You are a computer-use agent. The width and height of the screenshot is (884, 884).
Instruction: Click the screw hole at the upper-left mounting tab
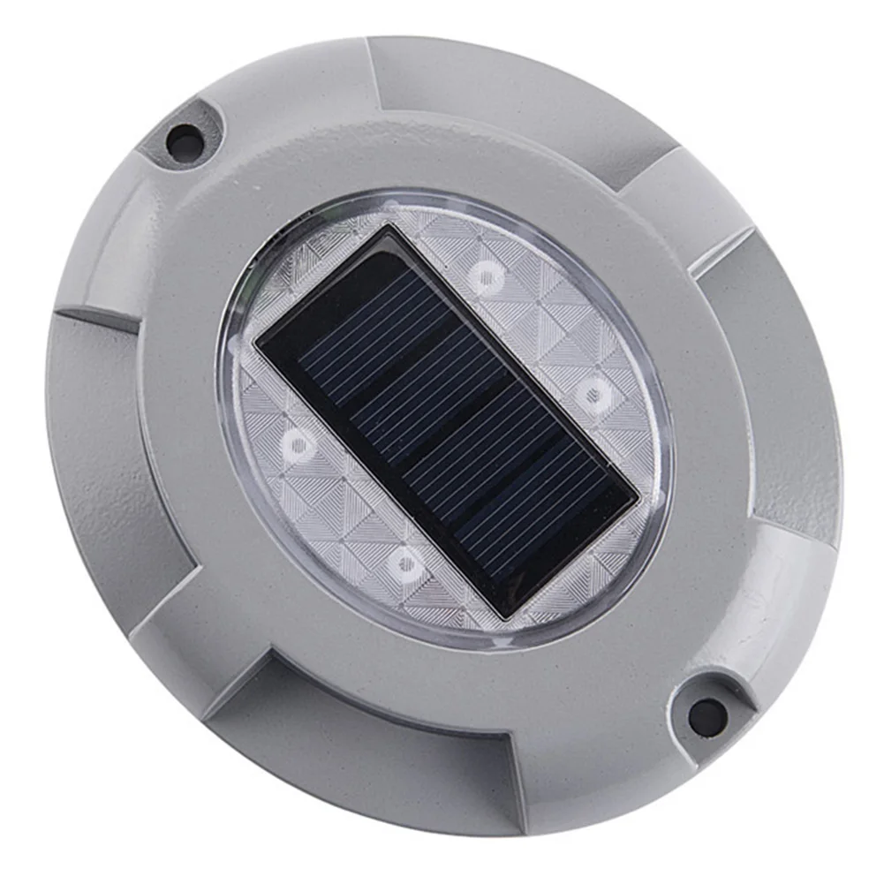[185, 139]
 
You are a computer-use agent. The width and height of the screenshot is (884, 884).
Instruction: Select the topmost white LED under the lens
[485, 277]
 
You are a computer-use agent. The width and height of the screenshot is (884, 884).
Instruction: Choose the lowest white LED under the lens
[405, 563]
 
